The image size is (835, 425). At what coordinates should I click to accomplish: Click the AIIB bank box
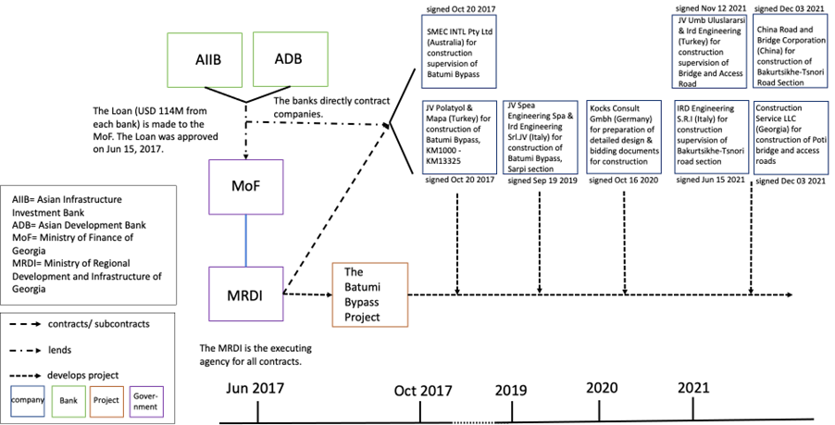tap(208, 60)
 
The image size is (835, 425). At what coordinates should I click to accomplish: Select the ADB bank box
tap(289, 59)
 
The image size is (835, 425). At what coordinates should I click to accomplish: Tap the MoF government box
tap(245, 187)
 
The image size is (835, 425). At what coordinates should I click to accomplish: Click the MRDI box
tap(245, 294)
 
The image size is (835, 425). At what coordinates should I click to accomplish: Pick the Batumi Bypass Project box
tap(369, 294)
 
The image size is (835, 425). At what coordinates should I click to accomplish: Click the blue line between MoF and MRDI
tap(245, 241)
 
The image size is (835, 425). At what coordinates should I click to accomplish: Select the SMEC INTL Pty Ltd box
tap(458, 51)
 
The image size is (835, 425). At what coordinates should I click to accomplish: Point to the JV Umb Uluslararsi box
tap(710, 51)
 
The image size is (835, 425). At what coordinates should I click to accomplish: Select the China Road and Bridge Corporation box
tap(791, 51)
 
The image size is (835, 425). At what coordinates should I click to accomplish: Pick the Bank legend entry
tap(68, 401)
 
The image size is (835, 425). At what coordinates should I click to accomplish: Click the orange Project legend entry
tap(106, 401)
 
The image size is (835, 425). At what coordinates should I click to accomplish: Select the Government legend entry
tap(145, 401)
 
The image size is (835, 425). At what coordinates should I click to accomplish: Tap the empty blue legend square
tap(27, 401)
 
